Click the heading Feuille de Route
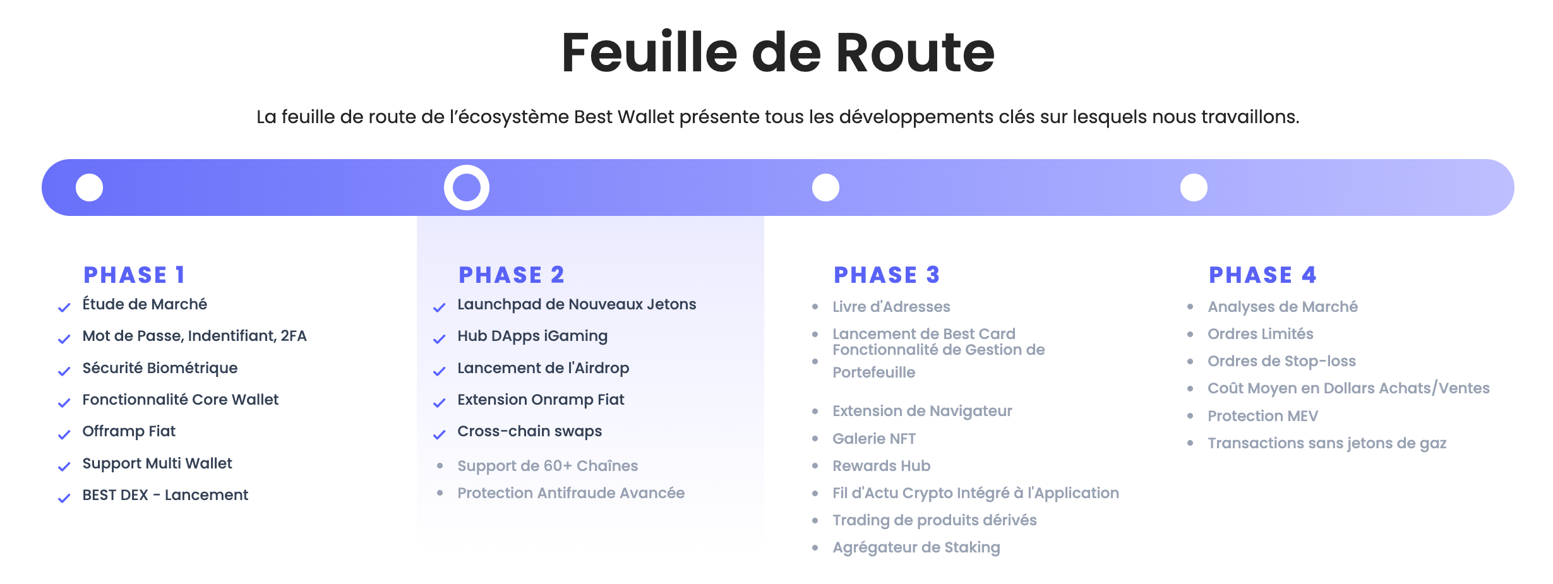pos(777,53)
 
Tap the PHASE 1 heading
pos(134,275)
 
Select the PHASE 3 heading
pos(887,275)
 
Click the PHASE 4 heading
pos(1262,275)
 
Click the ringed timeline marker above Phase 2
pos(467,188)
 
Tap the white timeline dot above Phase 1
pos(90,188)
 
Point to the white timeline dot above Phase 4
pos(1194,188)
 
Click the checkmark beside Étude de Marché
pos(64,308)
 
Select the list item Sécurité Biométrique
pos(160,368)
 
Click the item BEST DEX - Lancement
pos(165,495)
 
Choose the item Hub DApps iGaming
pos(532,336)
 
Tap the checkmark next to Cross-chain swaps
pos(440,435)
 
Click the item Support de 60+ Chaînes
pos(548,466)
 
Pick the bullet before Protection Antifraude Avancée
pos(440,493)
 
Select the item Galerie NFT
pos(874,439)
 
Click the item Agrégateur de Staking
pos(916,547)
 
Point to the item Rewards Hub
pos(881,466)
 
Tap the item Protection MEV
pos(1262,416)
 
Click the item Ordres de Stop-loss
pos(1281,361)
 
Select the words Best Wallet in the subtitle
pos(624,117)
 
